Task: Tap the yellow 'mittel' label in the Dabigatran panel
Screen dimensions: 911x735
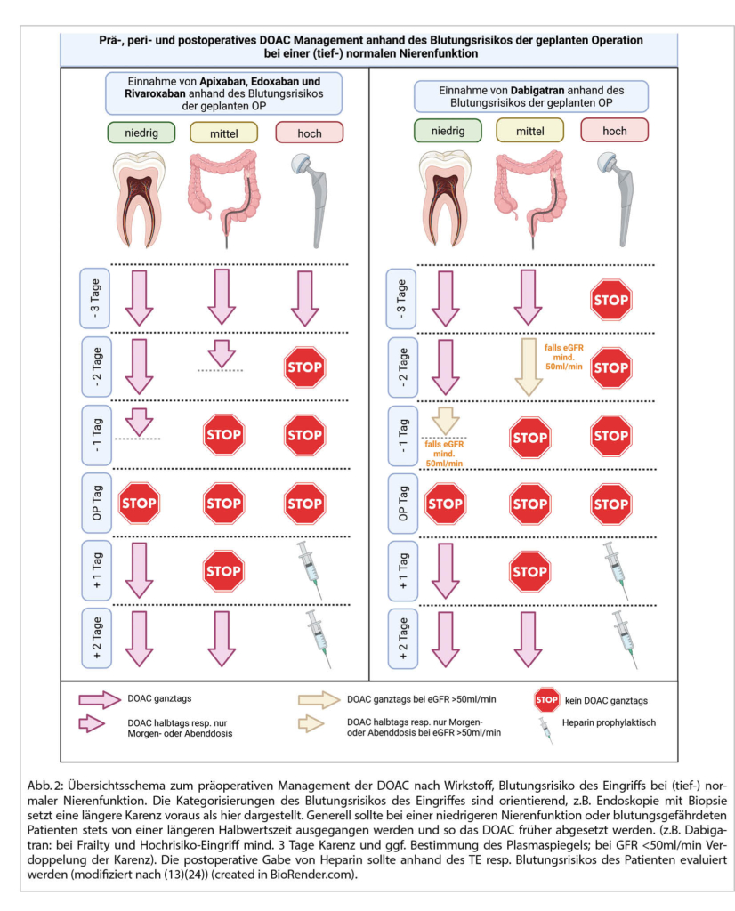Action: [x=530, y=131]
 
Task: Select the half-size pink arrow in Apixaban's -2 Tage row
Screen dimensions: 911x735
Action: [x=222, y=353]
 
